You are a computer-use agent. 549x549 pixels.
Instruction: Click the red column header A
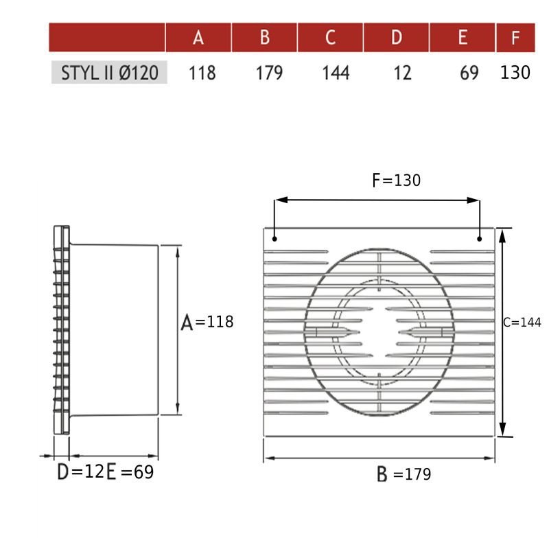198,37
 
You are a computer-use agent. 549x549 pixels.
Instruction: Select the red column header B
264,37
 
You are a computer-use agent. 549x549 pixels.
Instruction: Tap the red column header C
330,37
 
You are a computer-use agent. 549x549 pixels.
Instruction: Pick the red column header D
396,37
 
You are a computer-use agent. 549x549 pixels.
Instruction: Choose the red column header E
462,37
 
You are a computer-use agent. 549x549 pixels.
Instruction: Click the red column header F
515,37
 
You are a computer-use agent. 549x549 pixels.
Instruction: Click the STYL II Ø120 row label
109,73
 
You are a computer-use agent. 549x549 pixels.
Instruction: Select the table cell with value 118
202,73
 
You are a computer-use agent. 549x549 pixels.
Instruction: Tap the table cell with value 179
268,73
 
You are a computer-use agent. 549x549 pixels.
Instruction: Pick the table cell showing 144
336,73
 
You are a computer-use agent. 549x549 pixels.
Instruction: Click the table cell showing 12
403,73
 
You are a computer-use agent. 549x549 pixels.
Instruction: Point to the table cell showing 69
469,73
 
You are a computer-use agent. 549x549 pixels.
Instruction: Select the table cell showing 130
515,73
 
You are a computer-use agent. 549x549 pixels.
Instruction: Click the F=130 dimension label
396,180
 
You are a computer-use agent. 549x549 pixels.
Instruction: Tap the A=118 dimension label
207,322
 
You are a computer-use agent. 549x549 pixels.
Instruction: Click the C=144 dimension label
522,323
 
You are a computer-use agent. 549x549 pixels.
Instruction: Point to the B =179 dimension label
404,474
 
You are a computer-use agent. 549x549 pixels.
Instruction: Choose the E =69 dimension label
130,472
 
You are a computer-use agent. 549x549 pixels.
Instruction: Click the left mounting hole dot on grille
274,240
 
